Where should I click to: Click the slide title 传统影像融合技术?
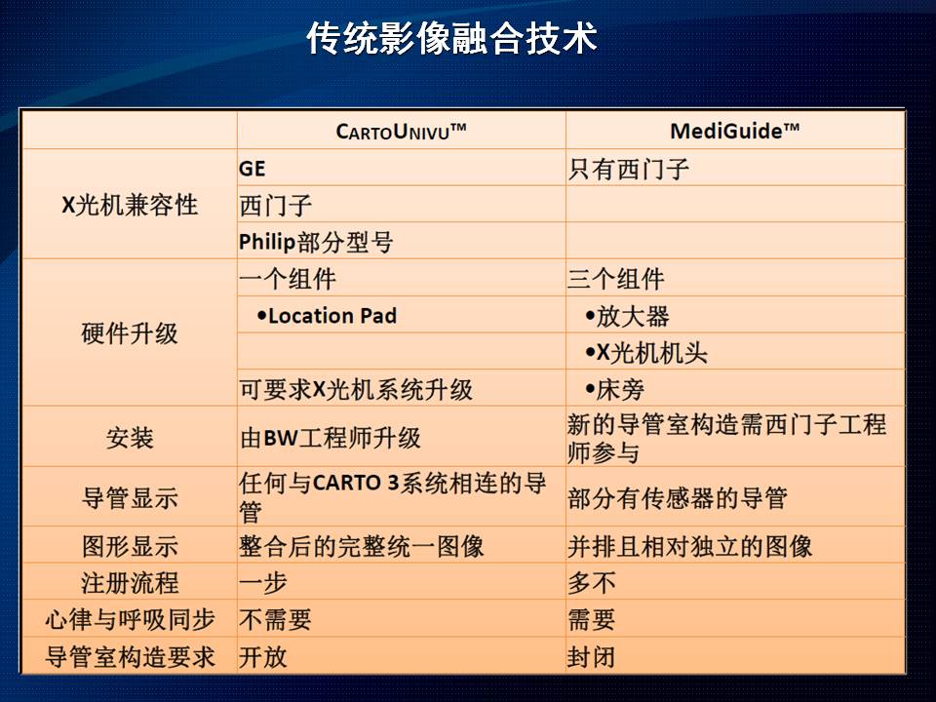click(451, 39)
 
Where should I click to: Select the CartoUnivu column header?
click(401, 132)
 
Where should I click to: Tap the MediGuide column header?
click(735, 131)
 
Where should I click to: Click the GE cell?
click(252, 169)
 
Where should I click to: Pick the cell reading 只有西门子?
click(629, 169)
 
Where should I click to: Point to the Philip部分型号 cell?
click(316, 243)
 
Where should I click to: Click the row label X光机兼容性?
click(130, 205)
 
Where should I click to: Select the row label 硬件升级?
click(130, 333)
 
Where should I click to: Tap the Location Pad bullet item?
click(327, 316)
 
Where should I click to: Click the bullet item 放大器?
click(627, 316)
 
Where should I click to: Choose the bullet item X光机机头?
click(646, 353)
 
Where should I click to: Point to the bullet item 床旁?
click(615, 390)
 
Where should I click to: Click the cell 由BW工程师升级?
click(331, 438)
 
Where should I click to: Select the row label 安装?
click(130, 438)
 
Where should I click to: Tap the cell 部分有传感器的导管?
click(678, 498)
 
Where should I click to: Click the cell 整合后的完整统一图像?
click(361, 547)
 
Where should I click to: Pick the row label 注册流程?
click(130, 583)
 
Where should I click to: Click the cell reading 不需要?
click(275, 620)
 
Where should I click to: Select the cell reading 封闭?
click(591, 657)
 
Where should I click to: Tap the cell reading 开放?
click(262, 657)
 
